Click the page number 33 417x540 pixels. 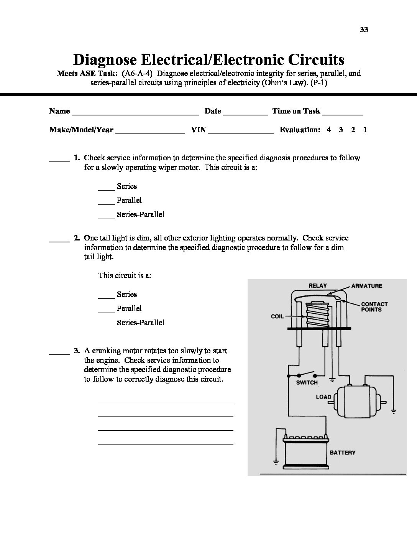(364, 30)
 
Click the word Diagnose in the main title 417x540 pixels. (105, 60)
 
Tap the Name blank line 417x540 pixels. (135, 114)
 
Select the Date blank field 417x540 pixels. (245, 114)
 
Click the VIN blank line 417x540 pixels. (240, 132)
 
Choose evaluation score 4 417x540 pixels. (329, 130)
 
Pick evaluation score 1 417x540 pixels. (365, 130)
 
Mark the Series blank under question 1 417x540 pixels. (106, 189)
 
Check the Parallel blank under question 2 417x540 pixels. (106, 311)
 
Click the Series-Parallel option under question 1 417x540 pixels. (140, 215)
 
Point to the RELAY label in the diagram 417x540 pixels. (318, 286)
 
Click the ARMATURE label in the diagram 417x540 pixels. (366, 286)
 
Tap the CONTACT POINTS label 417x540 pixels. (374, 307)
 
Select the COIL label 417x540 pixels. (277, 317)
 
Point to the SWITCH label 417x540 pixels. (307, 382)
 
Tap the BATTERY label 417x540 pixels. (343, 453)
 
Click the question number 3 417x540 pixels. (77, 351)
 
